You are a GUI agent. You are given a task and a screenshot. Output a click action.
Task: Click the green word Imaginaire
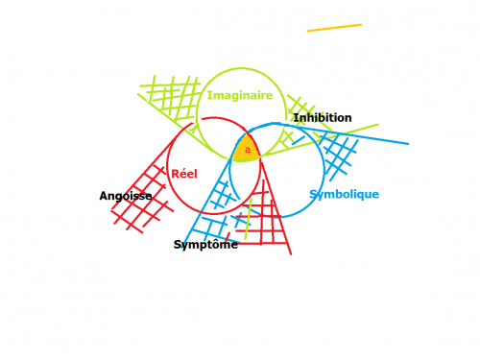point(240,95)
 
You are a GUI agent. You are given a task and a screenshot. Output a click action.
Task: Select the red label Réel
point(184,174)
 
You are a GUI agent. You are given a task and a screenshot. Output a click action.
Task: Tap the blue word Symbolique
point(345,194)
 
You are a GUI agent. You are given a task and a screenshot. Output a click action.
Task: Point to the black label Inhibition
point(323,117)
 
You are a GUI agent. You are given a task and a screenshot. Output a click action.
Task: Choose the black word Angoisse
point(126,196)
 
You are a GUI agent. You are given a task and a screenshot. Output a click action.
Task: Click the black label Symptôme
point(205,245)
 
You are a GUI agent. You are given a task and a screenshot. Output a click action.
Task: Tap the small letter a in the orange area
point(248,150)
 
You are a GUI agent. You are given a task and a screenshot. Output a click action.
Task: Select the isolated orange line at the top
point(334,28)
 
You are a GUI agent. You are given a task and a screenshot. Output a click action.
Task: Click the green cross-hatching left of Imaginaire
point(170,96)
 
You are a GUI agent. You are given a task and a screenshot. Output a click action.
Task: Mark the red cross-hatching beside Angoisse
point(142,200)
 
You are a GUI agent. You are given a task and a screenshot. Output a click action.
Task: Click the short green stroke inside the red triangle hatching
point(249,219)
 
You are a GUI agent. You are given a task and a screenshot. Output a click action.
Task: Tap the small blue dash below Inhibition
point(299,140)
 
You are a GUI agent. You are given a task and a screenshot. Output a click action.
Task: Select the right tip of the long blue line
point(408,144)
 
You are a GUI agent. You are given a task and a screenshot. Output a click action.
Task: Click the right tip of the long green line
point(378,125)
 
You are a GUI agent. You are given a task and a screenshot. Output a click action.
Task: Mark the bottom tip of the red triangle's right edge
point(291,254)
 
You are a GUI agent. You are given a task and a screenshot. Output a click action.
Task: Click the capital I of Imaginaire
point(209,95)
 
